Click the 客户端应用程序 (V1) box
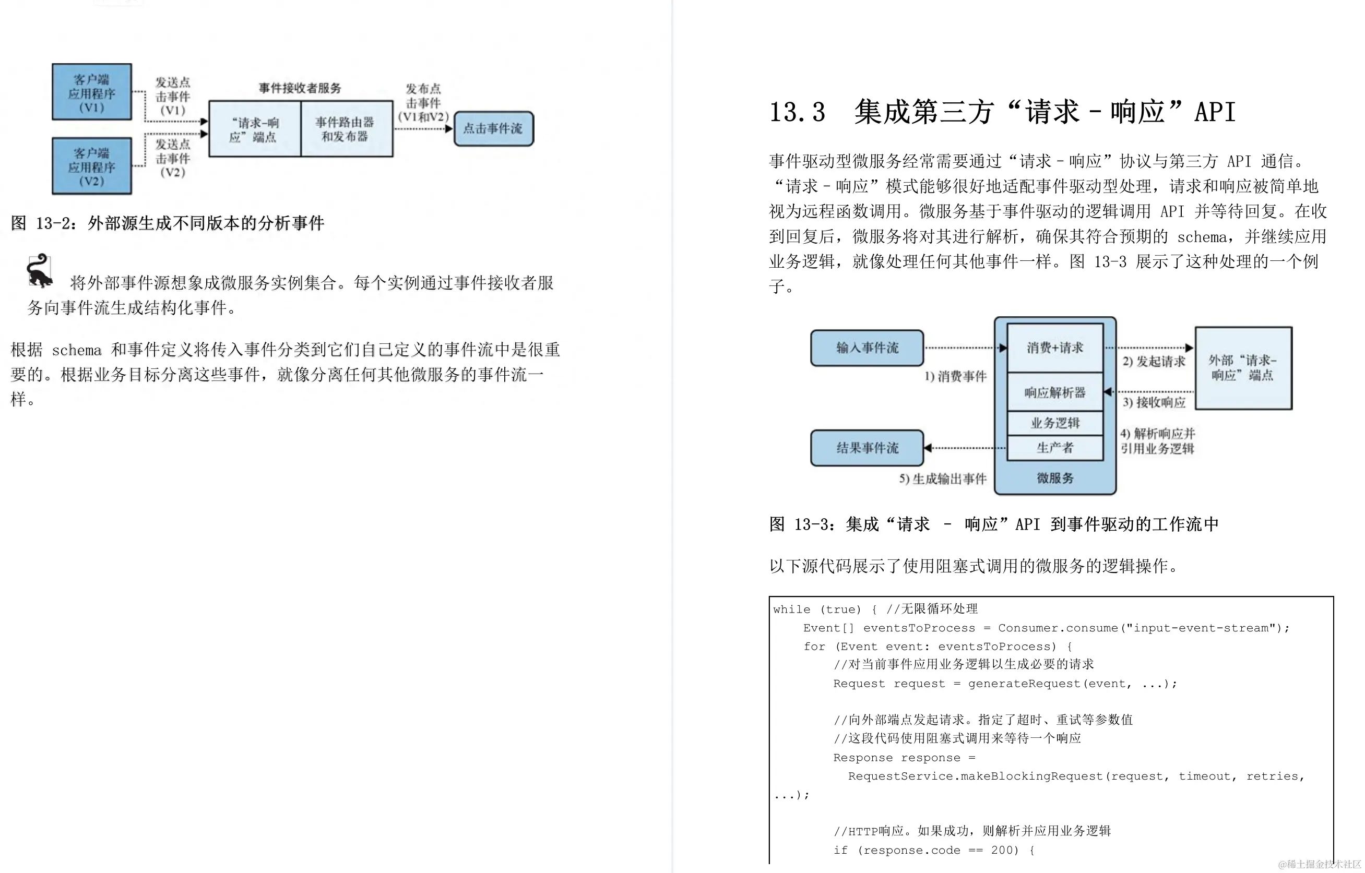click(92, 92)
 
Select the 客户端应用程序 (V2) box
click(92, 166)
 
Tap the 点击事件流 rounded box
click(493, 129)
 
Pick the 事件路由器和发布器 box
click(346, 129)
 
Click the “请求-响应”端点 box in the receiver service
click(254, 129)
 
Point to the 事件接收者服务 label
click(300, 88)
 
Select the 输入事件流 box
click(867, 348)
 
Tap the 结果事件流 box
click(867, 448)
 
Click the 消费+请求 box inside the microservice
click(1055, 348)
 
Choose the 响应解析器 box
click(1055, 392)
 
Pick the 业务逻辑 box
click(1055, 423)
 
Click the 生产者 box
click(1055, 448)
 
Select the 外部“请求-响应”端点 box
click(1243, 368)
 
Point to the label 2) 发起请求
click(1154, 362)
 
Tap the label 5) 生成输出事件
click(943, 479)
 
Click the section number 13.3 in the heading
click(797, 112)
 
